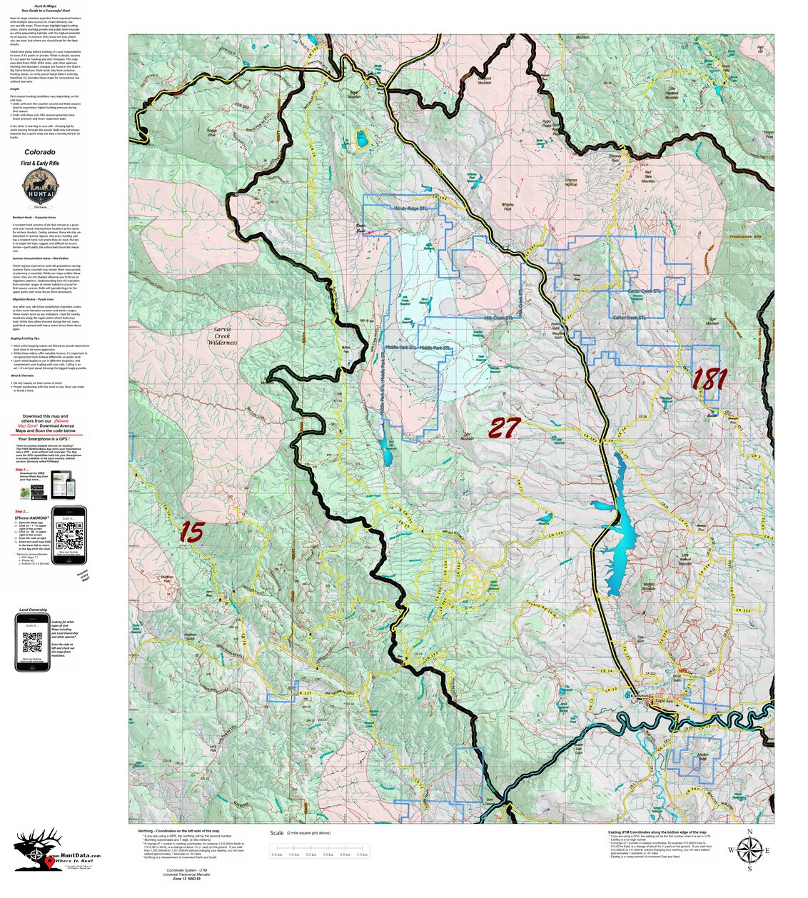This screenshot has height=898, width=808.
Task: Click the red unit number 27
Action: (x=504, y=428)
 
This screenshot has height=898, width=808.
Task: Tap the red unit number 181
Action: (x=709, y=378)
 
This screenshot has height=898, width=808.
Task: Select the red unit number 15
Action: (x=191, y=530)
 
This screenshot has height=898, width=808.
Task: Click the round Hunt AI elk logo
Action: (x=40, y=187)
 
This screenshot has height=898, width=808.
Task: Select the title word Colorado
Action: (x=40, y=152)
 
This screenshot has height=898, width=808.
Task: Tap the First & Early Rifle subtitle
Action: (x=40, y=163)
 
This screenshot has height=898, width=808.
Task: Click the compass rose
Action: (x=749, y=850)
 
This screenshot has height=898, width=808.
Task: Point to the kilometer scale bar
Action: (x=320, y=854)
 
